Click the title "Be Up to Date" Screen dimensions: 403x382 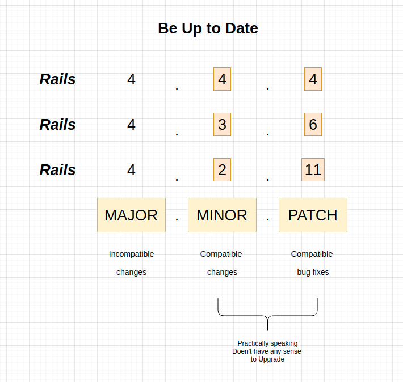click(x=208, y=28)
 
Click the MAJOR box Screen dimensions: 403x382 click(x=131, y=215)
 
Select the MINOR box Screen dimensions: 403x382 click(x=222, y=215)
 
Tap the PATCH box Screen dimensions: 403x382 click(x=313, y=215)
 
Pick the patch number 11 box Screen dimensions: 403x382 click(x=313, y=169)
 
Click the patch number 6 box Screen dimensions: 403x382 click(x=313, y=124)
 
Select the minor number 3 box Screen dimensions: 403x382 click(x=222, y=124)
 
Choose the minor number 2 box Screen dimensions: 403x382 click(x=222, y=169)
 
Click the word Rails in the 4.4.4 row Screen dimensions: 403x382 click(x=57, y=79)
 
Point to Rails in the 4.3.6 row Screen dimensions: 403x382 click(x=57, y=125)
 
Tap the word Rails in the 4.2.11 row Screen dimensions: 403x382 click(x=57, y=170)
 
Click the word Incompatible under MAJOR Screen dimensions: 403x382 click(x=131, y=254)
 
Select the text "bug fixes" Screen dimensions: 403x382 click(x=313, y=272)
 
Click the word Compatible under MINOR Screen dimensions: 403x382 click(x=221, y=254)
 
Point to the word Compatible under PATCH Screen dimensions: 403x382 click(x=312, y=254)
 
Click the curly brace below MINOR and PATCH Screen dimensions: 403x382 click(x=267, y=316)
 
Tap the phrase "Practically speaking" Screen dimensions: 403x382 click(x=267, y=343)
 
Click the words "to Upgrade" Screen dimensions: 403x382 click(x=267, y=359)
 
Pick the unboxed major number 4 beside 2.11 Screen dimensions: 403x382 click(x=131, y=170)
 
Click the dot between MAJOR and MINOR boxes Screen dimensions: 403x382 click(x=177, y=219)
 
